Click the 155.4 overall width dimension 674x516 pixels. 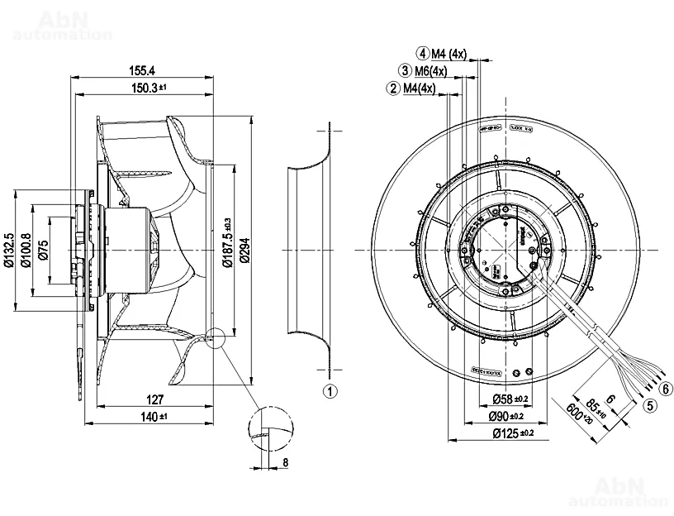point(142,72)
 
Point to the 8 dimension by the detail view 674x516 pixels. point(285,462)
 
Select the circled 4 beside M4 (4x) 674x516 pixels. point(422,55)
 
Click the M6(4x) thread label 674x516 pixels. point(430,71)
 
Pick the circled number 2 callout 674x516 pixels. point(393,88)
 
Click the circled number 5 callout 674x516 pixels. point(651,406)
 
